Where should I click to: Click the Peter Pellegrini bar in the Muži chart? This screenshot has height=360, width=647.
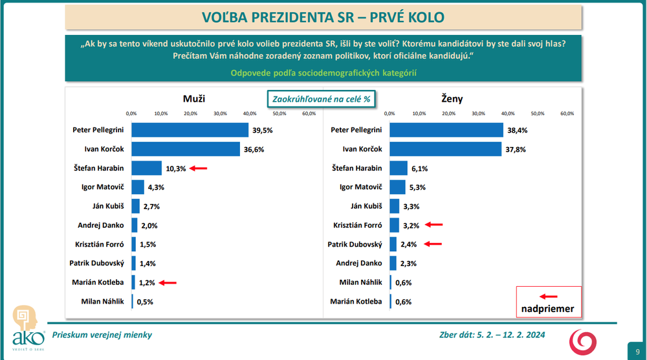tap(190, 130)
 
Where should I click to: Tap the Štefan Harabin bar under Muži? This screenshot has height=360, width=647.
tap(146, 168)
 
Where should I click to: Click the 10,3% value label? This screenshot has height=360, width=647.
tap(175, 168)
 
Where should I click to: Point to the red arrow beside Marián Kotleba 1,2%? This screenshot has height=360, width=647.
tap(167, 282)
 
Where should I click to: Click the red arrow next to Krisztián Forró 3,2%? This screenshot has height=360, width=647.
tap(433, 225)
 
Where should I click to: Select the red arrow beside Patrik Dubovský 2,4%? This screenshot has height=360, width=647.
tap(433, 244)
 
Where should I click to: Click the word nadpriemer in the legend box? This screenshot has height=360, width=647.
tap(548, 308)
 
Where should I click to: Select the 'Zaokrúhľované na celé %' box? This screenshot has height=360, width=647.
tap(322, 100)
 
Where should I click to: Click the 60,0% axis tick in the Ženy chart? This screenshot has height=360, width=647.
tap(567, 114)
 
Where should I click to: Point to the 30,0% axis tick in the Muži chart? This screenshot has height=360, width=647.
tap(220, 114)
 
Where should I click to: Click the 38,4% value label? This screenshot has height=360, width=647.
tap(518, 130)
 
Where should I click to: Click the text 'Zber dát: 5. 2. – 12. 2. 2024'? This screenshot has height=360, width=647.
tap(492, 334)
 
